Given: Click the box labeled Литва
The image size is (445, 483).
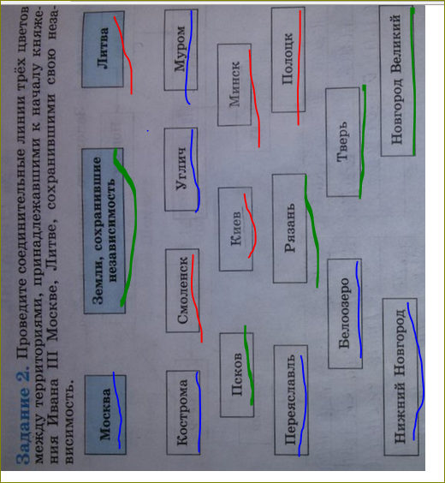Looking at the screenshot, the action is (103, 50).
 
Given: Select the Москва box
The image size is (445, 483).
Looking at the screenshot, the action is (105, 414).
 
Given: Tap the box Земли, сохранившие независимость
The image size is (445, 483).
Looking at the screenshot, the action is (104, 231).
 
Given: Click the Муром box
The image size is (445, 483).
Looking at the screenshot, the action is (181, 50).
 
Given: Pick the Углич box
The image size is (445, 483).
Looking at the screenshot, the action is (181, 170).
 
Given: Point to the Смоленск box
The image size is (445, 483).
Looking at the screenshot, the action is (182, 290).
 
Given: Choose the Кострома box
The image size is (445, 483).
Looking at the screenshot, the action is (183, 413).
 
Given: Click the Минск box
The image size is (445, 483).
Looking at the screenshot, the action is (234, 85).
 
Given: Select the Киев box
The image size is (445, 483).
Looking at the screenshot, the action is (235, 229).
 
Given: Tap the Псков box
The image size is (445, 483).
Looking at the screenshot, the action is (237, 375).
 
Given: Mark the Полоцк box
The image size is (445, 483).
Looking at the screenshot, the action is (288, 60).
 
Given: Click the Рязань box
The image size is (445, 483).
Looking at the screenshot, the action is (289, 229).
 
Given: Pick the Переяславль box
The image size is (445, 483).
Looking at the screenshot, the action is (291, 400).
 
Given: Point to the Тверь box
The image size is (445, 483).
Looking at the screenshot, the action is (343, 142).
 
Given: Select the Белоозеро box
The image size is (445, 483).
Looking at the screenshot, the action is (345, 313).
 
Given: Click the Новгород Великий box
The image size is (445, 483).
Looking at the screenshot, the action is (397, 80).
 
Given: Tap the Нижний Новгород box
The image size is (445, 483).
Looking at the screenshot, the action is (400, 377).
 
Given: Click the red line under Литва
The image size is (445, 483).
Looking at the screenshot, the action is (125, 55).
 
